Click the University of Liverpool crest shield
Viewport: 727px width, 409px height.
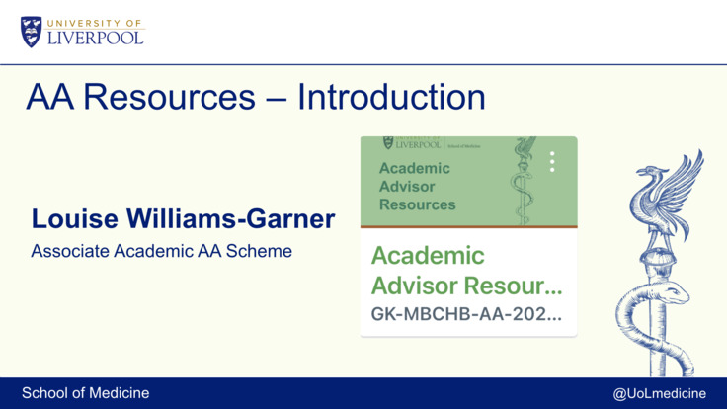[31, 31]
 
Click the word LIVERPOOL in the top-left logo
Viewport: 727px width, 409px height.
[96, 37]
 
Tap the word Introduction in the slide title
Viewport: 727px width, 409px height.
[391, 98]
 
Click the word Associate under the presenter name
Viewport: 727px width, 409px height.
[70, 251]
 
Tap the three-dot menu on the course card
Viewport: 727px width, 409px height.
[552, 162]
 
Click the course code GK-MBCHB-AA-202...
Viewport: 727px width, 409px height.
[466, 315]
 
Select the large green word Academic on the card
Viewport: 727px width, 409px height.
[428, 256]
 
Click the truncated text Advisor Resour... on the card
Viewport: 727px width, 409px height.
[466, 286]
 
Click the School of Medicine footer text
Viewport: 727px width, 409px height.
[86, 393]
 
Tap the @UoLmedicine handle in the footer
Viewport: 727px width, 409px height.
[659, 393]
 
